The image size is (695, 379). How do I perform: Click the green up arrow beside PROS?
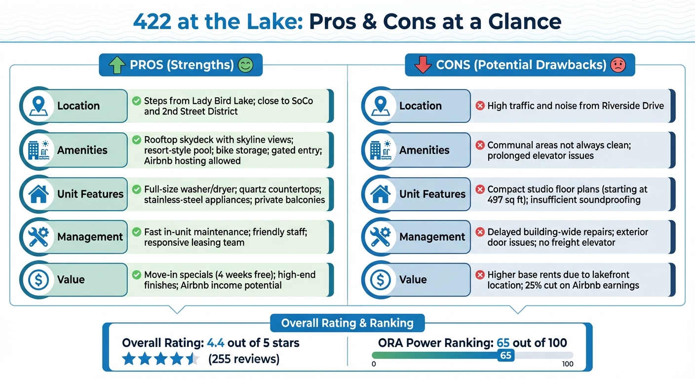coord(117,65)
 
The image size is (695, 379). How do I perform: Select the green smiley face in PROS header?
coord(245,65)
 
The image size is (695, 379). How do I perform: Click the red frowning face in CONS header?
coord(618,65)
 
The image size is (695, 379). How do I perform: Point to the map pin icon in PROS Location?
coord(38,106)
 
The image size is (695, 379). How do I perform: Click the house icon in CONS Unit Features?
coord(380,194)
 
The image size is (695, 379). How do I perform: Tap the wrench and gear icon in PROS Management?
coord(38,237)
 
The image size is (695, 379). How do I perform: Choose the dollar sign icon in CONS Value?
coord(380,280)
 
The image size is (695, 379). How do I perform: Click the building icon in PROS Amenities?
coord(38,150)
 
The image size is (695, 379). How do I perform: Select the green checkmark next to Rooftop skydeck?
coord(136,140)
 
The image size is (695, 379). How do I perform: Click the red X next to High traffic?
coord(479,106)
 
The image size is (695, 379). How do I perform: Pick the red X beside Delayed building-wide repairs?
coord(479,232)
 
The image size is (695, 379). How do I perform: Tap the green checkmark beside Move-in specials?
coord(136,275)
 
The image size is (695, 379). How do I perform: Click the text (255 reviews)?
coord(244,359)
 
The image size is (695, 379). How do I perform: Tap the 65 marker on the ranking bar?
coord(505,355)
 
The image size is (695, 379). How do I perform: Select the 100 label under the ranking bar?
coord(568,364)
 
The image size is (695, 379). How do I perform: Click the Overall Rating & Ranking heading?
coord(347,323)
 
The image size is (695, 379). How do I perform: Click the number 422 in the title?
coord(154,22)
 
